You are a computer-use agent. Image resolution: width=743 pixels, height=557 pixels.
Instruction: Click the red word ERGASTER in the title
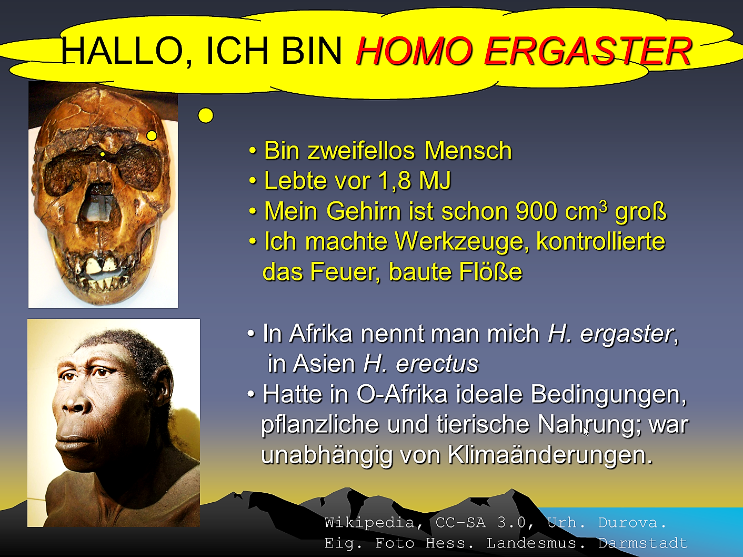pyautogui.click(x=588, y=51)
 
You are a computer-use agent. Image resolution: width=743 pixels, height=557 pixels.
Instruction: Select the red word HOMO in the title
pyautogui.click(x=414, y=51)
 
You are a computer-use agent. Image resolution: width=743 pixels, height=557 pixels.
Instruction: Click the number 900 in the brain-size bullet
pyautogui.click(x=536, y=211)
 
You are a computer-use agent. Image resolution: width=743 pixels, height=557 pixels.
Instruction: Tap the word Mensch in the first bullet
pyautogui.click(x=468, y=150)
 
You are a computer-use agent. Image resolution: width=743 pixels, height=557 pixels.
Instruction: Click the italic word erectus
pyautogui.click(x=437, y=364)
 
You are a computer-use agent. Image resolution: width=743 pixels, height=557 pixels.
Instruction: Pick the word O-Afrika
pyautogui.click(x=401, y=394)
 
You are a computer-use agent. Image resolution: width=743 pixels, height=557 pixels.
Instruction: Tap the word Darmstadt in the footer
pyautogui.click(x=642, y=543)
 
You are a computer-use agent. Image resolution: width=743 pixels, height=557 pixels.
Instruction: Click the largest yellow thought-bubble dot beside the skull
pyautogui.click(x=205, y=115)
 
